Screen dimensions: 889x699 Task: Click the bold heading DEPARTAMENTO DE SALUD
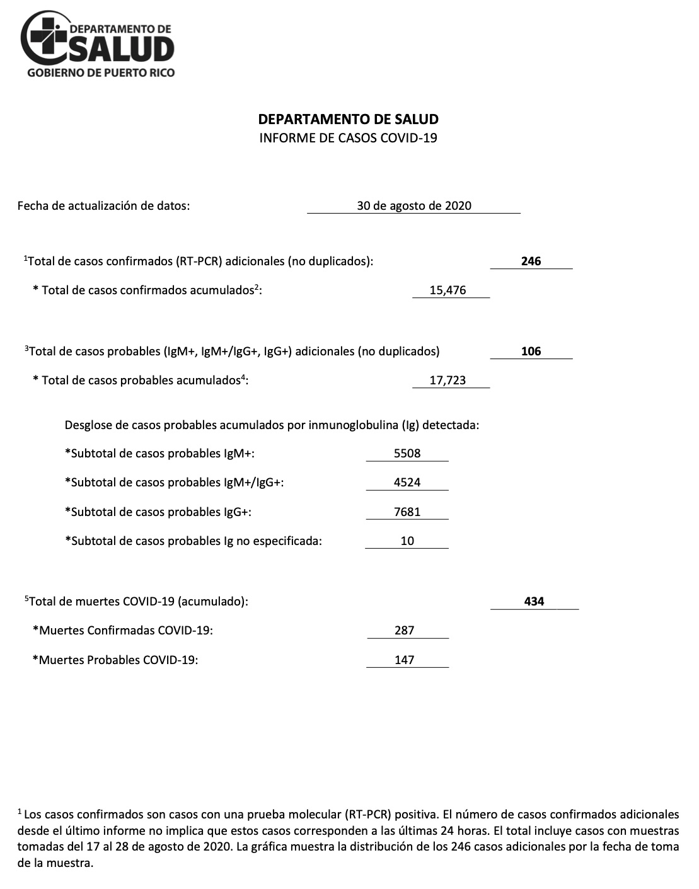point(349,120)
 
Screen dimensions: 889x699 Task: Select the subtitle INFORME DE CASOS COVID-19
point(349,138)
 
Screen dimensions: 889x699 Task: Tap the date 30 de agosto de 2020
point(413,205)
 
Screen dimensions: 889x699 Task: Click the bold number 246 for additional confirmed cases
point(531,261)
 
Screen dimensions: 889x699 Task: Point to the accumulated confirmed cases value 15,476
point(448,290)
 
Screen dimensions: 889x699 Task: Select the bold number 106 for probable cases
point(531,351)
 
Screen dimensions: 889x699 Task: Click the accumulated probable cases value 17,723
point(448,381)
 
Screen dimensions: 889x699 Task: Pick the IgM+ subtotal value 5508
point(407,453)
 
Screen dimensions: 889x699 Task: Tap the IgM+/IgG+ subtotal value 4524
point(407,482)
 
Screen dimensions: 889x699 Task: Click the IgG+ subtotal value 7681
point(407,512)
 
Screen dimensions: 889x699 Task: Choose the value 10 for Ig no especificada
point(407,541)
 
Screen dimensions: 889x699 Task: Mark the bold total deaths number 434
point(534,601)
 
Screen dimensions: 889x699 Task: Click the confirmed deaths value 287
point(404,630)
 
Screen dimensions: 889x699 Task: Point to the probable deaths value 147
point(404,660)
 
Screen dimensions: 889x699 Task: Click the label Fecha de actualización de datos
point(103,205)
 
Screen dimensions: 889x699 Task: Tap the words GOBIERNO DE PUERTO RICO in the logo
point(101,72)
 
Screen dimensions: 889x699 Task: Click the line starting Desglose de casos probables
point(272,425)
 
